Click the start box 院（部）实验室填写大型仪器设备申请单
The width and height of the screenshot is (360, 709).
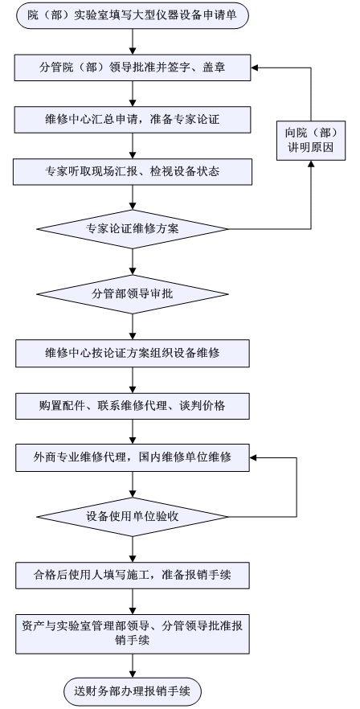pos(133,16)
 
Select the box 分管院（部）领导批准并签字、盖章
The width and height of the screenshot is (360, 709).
pos(133,68)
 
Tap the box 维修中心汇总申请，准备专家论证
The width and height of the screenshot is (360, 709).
pos(133,120)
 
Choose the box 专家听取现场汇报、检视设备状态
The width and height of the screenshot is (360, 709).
pos(133,172)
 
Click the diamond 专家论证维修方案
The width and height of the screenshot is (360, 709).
pos(133,229)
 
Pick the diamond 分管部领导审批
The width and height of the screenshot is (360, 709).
pos(133,294)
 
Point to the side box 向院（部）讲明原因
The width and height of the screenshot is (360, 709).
pos(311,141)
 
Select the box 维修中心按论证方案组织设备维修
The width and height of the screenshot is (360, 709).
pos(133,354)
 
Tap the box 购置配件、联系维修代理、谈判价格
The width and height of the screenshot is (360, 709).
pos(133,406)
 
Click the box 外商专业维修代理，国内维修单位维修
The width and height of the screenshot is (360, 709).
pos(133,458)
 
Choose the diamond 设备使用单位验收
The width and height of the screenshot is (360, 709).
pos(133,517)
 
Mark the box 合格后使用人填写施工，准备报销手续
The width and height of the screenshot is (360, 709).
pos(133,576)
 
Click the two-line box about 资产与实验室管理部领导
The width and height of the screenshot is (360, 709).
pos(133,634)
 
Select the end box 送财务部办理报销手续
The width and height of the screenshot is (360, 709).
pos(133,691)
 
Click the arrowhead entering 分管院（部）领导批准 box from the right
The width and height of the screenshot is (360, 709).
pos(255,68)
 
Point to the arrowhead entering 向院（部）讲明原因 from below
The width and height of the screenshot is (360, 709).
pos(311,164)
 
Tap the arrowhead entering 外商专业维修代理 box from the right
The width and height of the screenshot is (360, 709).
pos(253,458)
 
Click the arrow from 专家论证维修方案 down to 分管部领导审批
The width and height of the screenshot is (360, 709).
pos(133,262)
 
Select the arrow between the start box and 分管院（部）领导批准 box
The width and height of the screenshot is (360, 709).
pos(133,42)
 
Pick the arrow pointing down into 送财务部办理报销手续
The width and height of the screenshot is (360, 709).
pos(133,666)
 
